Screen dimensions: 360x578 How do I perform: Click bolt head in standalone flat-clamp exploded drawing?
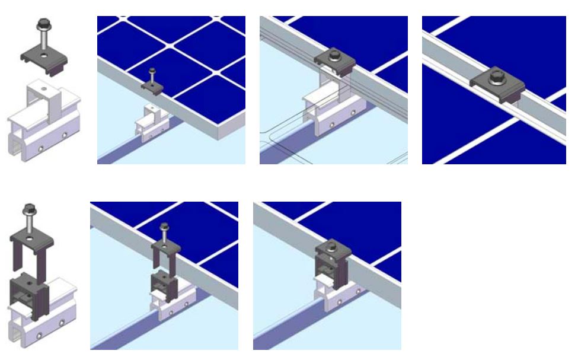coord(43,24)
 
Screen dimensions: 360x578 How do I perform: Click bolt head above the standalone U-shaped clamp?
coord(28,210)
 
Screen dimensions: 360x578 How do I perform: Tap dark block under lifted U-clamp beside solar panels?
coord(164,282)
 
